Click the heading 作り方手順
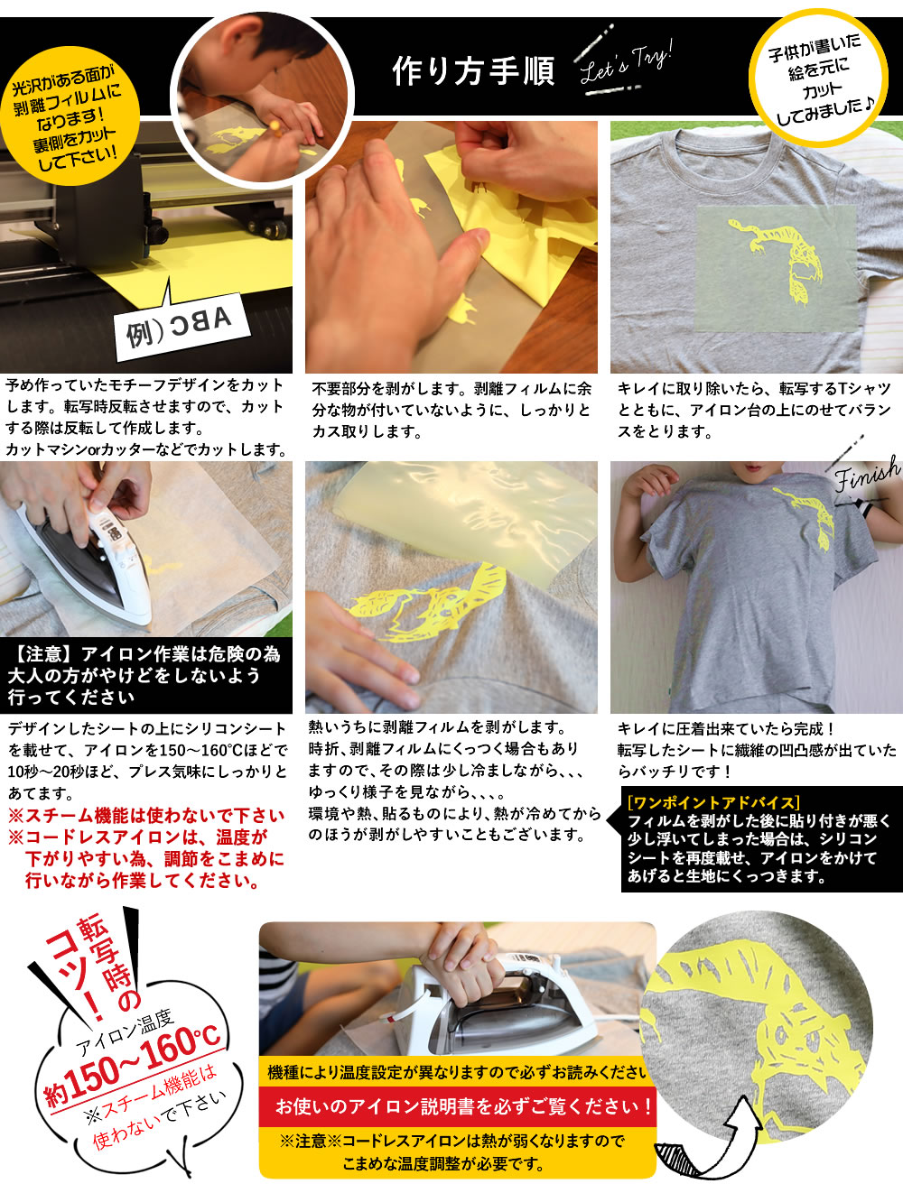tap(473, 71)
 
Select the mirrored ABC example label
tap(182, 326)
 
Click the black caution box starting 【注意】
tap(145, 676)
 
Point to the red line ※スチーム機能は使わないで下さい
tap(145, 815)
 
